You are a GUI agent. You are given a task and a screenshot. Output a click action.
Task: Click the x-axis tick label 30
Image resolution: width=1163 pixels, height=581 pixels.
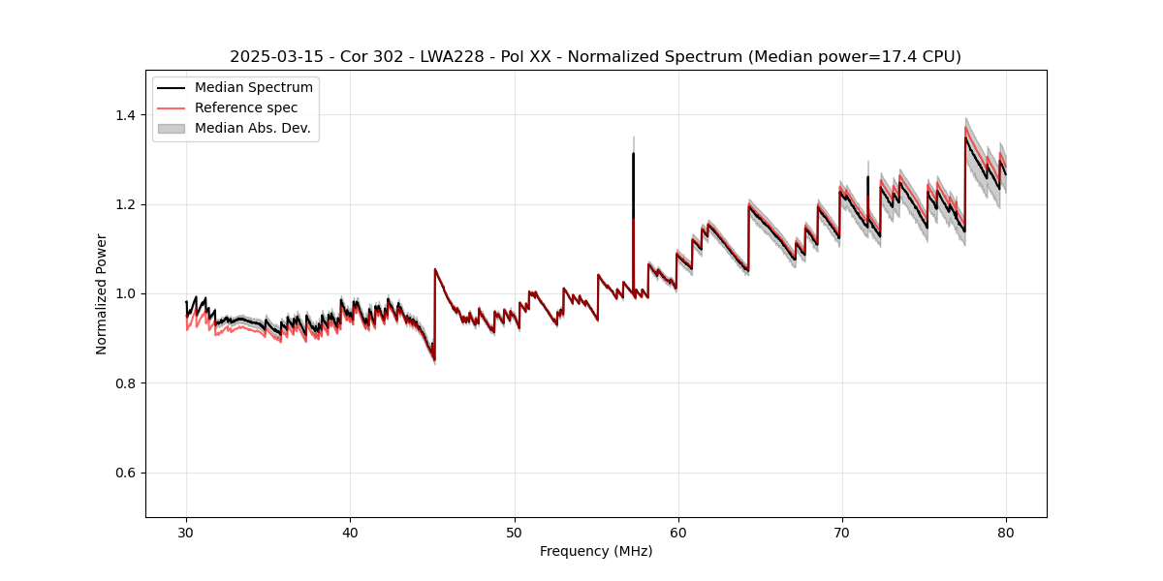(187, 532)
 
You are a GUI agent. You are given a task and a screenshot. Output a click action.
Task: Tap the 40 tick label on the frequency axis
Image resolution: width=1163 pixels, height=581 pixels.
(351, 532)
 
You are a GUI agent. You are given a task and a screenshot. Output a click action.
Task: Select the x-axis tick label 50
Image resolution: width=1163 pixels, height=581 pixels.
(515, 532)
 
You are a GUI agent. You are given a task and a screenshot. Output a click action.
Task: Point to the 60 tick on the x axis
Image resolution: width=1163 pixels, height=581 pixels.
(678, 532)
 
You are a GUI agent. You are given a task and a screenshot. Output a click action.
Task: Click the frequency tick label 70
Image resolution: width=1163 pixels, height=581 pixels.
(842, 532)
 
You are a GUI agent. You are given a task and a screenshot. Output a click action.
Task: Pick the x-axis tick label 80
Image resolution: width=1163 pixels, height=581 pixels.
(1006, 532)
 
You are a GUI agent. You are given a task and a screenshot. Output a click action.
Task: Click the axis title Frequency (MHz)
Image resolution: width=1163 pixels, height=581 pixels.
(596, 551)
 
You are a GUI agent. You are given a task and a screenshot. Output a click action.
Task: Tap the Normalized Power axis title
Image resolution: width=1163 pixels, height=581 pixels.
(102, 293)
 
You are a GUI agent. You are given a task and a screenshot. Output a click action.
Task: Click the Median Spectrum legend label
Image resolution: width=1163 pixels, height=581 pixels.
(254, 88)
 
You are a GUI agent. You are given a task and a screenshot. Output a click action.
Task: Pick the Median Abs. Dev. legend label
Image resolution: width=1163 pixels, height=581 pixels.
(253, 128)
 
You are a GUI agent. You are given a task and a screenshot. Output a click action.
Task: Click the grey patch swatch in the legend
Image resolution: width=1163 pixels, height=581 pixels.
(172, 128)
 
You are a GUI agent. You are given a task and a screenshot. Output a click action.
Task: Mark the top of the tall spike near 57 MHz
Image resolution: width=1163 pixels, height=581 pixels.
(633, 153)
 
